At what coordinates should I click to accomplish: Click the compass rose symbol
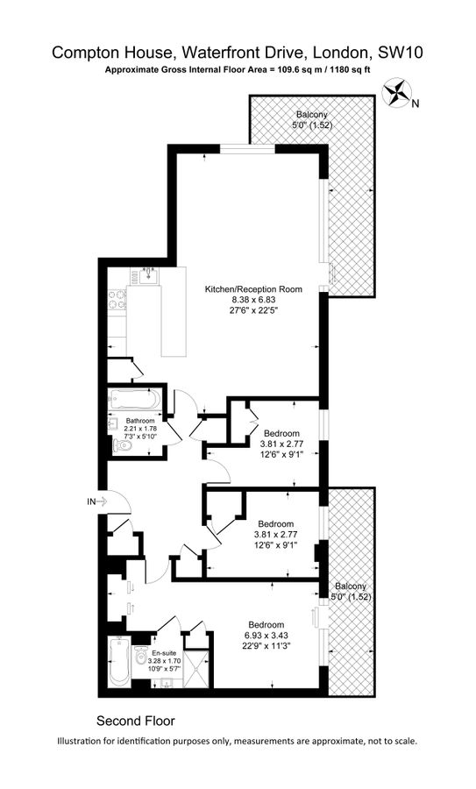[x=397, y=93]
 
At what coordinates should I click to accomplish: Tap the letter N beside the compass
[x=416, y=104]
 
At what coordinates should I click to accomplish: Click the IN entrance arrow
[x=102, y=501]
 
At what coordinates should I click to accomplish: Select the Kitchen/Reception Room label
[x=253, y=289]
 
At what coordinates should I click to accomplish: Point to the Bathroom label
[x=140, y=421]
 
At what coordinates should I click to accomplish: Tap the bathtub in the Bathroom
[x=134, y=400]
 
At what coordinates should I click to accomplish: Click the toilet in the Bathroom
[x=122, y=445]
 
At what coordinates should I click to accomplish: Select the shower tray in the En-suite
[x=195, y=668]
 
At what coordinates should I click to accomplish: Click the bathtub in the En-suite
[x=119, y=661]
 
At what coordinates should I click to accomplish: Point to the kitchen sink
[x=149, y=276]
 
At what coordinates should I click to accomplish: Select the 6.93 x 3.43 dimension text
[x=266, y=636]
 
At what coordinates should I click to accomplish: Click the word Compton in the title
[x=83, y=53]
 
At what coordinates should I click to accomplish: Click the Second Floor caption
[x=136, y=721]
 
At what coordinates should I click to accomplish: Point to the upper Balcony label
[x=311, y=115]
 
